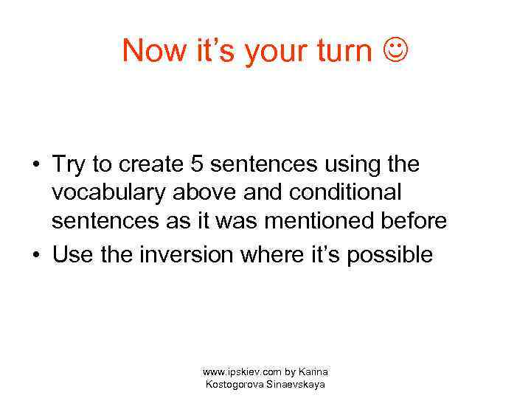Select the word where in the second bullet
pos(278,255)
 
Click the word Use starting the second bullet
pos(72,255)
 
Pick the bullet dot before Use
pos(35,256)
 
